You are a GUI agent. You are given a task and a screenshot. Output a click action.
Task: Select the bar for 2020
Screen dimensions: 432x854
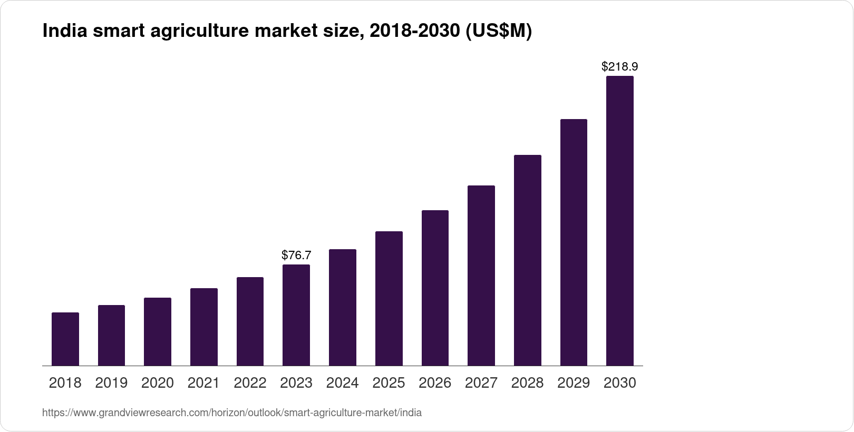158,331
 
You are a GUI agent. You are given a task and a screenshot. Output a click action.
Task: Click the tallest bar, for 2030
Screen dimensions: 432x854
620,221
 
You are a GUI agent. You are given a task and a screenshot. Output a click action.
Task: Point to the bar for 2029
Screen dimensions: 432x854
574,242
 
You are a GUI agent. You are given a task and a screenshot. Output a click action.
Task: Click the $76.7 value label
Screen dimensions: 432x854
296,256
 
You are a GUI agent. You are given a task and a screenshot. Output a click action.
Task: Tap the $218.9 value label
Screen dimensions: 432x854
620,67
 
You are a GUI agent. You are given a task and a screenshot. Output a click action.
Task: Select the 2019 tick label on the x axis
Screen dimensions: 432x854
111,383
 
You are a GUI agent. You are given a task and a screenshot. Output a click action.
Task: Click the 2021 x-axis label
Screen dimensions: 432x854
203,383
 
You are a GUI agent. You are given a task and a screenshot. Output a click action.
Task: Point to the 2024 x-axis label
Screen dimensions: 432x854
343,383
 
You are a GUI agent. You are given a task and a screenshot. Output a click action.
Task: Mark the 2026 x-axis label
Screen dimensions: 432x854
435,383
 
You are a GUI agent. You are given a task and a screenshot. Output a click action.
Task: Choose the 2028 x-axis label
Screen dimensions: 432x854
527,383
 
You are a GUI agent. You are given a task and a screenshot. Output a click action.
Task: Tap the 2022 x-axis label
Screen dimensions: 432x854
250,383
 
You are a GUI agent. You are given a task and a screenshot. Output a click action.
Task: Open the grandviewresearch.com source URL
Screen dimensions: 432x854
232,413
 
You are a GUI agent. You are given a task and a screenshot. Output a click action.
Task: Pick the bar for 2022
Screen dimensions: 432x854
250,321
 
